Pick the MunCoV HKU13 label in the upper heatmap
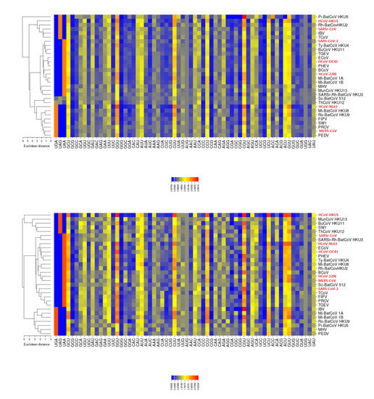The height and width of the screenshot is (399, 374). [331, 89]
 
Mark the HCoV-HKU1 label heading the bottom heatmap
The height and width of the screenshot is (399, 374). [328, 215]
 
